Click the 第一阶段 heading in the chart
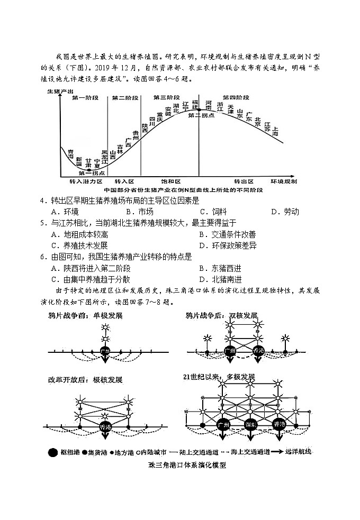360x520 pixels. [85, 98]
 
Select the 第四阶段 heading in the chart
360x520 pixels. [236, 98]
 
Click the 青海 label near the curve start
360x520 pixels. [70, 154]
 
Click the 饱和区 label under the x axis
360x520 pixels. [170, 181]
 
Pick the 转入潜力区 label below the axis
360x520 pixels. [85, 181]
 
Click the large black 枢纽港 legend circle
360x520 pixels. [52, 453]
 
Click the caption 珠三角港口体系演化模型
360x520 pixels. [180, 466]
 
